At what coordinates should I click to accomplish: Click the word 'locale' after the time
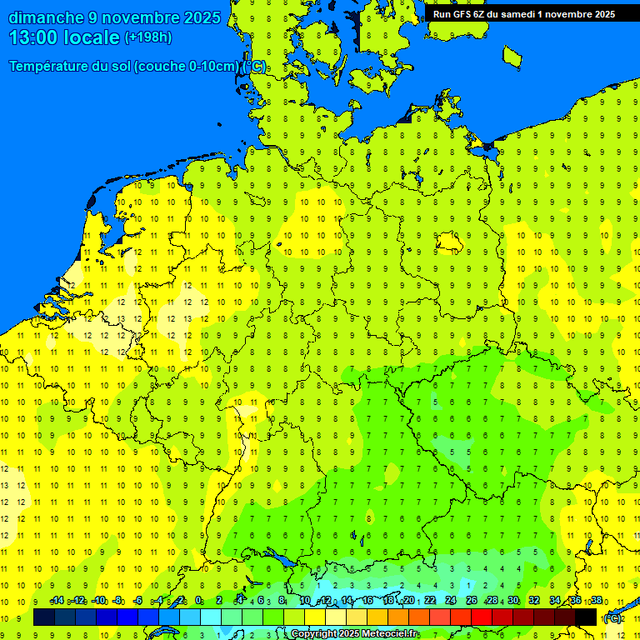pos(93,37)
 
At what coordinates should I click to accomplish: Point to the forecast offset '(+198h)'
pos(147,37)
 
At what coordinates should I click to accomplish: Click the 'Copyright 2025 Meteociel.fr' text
pos(354,633)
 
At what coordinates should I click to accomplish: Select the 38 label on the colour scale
pos(597,600)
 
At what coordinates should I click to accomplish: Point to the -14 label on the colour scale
pos(57,600)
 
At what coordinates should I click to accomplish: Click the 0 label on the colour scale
pos(198,600)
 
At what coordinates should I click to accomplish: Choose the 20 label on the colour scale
pos(409,600)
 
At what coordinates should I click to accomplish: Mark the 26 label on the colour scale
pos(472,600)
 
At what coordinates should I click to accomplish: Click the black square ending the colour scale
pos(586,617)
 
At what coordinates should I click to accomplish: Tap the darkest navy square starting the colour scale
pos(44,617)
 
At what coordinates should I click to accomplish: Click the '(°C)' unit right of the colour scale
pos(612,617)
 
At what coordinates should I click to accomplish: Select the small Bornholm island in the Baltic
pos(512,56)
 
